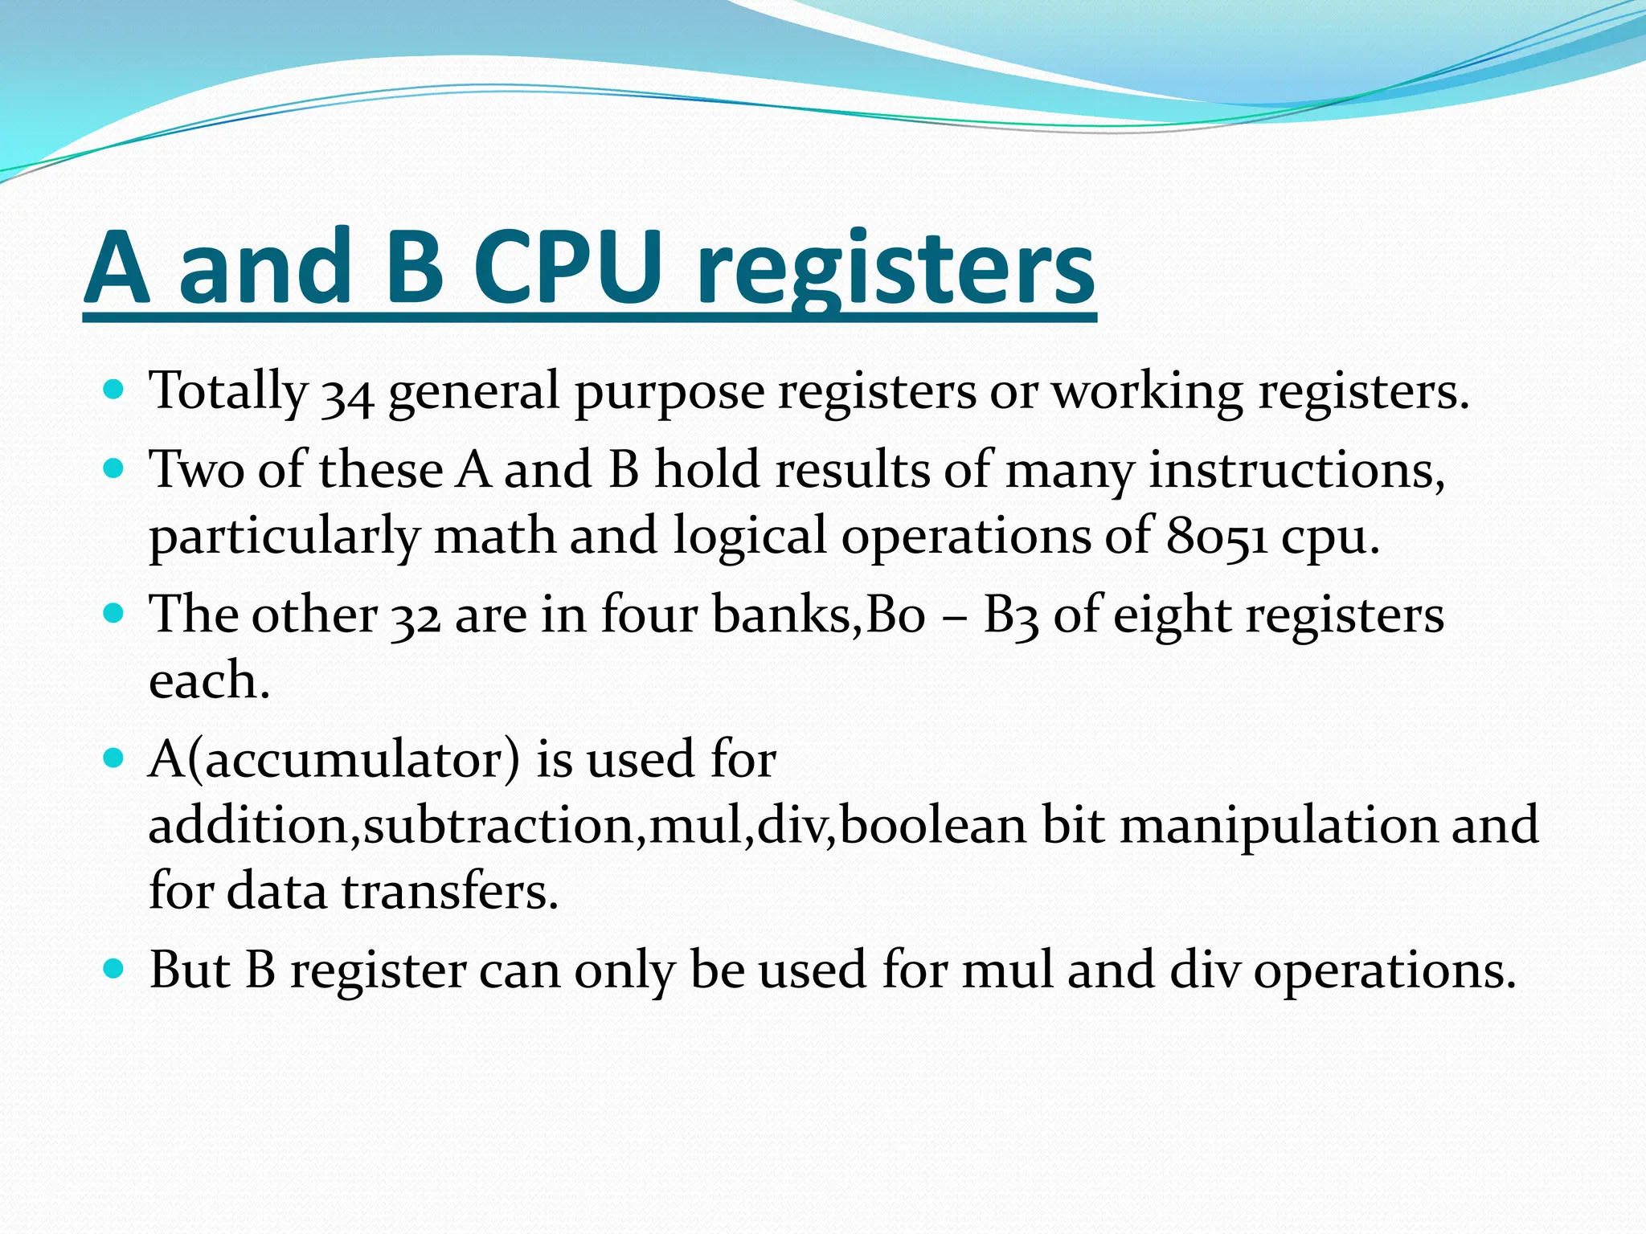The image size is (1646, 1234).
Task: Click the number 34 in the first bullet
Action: (x=347, y=394)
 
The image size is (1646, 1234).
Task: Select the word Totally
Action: (x=228, y=392)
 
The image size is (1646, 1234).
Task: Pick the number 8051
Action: (x=1216, y=537)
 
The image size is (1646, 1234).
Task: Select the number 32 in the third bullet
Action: (x=416, y=617)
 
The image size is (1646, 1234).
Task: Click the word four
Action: (x=649, y=615)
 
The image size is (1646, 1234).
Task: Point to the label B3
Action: (x=1010, y=617)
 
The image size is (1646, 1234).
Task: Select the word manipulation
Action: (x=1277, y=826)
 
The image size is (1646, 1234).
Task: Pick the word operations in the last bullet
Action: (x=1384, y=972)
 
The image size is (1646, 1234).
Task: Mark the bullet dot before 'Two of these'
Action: (x=114, y=468)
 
